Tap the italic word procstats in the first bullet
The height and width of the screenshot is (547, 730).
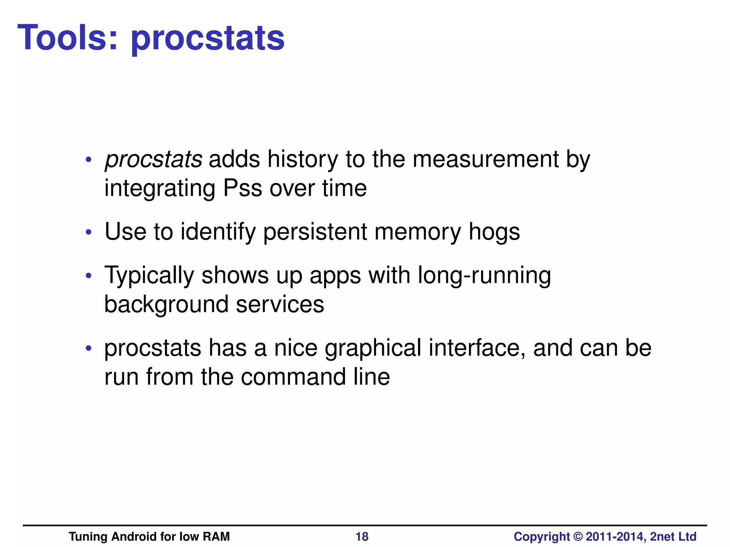tap(154, 159)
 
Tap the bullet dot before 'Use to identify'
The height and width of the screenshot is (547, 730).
tap(89, 233)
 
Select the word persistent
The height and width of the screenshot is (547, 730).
tap(315, 232)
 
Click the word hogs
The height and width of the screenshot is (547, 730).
tap(494, 233)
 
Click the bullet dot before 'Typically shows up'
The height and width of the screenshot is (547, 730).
tap(89, 276)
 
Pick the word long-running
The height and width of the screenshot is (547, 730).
tap(484, 276)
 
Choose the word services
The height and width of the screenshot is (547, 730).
tap(280, 305)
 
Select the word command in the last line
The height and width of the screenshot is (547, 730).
tap(293, 377)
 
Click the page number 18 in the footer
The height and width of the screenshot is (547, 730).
tap(362, 537)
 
